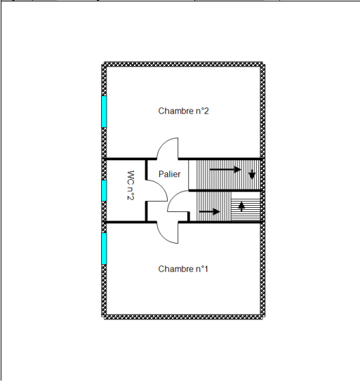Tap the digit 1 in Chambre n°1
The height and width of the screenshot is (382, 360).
tap(206, 269)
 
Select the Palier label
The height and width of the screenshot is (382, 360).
tap(169, 174)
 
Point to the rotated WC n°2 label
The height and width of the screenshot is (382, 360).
tap(131, 185)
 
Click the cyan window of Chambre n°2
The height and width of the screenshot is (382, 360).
tap(104, 112)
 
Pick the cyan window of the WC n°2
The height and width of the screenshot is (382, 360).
tap(104, 190)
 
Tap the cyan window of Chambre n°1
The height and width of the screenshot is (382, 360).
tap(104, 249)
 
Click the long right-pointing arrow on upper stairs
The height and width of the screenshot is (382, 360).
tap(225, 169)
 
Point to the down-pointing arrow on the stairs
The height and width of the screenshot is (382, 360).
tap(252, 174)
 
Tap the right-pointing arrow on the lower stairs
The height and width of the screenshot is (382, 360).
tap(210, 211)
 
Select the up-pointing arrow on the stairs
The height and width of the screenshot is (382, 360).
tap(241, 206)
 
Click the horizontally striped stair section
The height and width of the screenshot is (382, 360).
tap(246, 206)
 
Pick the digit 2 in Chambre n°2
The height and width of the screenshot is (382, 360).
tap(206, 111)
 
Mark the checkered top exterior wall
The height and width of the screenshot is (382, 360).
tap(183, 65)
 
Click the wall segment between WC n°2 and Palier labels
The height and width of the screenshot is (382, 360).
tap(146, 169)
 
